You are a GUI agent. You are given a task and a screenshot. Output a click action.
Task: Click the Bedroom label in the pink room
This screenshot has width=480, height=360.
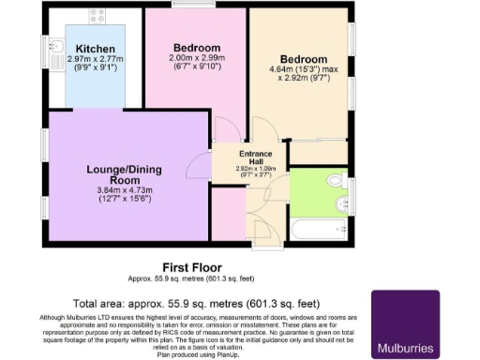click(197, 48)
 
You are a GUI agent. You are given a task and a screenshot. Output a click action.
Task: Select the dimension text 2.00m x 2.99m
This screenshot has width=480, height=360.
click(197, 61)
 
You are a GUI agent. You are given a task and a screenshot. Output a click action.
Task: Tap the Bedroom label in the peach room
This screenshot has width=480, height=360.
click(302, 58)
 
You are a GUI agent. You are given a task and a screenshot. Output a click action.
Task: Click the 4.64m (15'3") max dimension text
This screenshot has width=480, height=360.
click(302, 69)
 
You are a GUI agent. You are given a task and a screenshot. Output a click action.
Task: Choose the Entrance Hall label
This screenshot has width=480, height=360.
click(254, 157)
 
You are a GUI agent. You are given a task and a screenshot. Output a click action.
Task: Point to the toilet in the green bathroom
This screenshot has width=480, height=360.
click(335, 180)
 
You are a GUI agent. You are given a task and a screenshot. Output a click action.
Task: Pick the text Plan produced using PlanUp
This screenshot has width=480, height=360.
click(190, 354)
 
